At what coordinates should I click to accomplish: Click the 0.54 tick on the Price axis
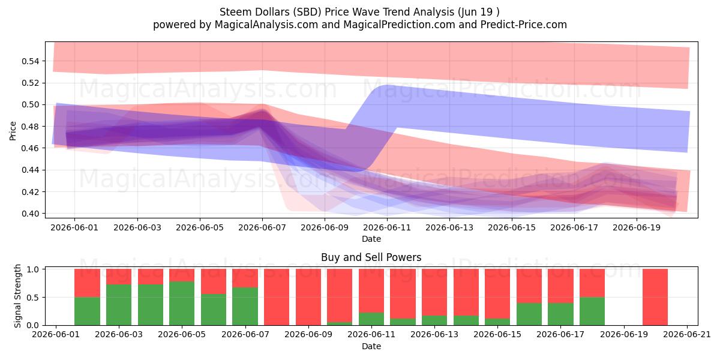click(x=30, y=61)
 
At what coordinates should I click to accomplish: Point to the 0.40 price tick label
click(x=30, y=214)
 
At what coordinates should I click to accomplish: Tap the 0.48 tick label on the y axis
click(x=30, y=127)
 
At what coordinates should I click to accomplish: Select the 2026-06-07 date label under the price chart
click(x=262, y=227)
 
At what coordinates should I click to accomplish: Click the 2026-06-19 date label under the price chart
click(x=637, y=227)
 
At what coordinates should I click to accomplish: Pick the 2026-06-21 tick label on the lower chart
click(x=687, y=335)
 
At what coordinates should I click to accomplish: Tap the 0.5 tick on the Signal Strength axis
click(x=33, y=298)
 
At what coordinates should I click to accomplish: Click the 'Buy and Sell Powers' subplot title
click(x=371, y=257)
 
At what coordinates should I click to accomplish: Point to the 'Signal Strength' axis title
click(x=17, y=296)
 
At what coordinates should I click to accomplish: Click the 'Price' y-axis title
click(x=13, y=131)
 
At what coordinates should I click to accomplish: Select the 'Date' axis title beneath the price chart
click(x=371, y=239)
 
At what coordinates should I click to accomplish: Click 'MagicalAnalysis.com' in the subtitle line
click(x=266, y=25)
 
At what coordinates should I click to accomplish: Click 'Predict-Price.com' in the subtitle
click(x=524, y=25)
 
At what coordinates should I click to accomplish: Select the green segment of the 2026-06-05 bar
click(x=182, y=304)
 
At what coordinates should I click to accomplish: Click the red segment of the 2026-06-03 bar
click(x=119, y=277)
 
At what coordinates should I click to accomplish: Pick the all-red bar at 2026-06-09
click(x=308, y=297)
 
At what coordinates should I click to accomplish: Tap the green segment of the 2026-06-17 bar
click(x=560, y=314)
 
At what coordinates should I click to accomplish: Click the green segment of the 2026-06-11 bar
click(x=371, y=319)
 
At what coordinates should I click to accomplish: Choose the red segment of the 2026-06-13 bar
click(x=434, y=292)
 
